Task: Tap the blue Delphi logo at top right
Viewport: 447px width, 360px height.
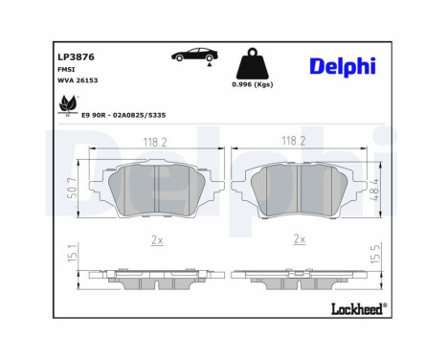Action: [342, 64]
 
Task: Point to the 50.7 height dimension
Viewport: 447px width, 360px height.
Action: [73, 191]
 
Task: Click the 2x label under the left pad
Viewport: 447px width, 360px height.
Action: [155, 239]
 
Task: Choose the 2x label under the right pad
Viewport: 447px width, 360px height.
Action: [300, 239]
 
